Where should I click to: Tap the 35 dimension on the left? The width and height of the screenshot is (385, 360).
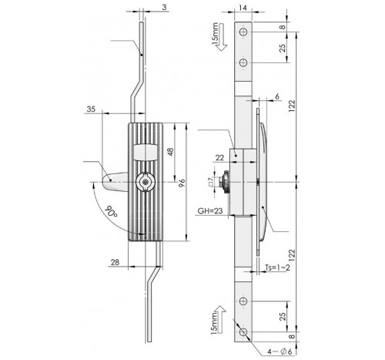92,110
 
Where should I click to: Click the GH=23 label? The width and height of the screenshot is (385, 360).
209,208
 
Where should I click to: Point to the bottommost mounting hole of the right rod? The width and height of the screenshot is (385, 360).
243,333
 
